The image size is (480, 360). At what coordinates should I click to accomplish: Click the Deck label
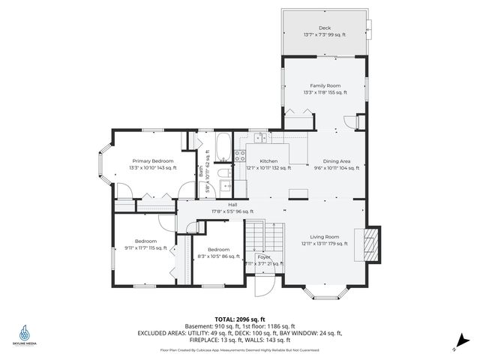(x=325, y=27)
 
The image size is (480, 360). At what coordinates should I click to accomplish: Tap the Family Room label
(x=325, y=85)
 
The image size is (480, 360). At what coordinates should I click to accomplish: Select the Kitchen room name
(x=268, y=160)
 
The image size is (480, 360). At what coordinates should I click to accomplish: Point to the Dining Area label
(x=336, y=160)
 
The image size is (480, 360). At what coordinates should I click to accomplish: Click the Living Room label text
(x=325, y=236)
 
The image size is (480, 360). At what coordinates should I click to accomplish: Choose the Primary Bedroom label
(x=153, y=160)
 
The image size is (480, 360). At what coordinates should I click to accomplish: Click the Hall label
(x=232, y=204)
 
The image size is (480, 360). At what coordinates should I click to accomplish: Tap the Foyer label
(x=263, y=256)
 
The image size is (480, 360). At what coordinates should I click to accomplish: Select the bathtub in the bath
(x=223, y=148)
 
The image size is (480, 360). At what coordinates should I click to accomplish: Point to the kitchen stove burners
(x=241, y=156)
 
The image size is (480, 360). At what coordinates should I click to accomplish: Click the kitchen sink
(x=259, y=137)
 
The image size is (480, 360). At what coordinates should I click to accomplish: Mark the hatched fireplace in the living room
(x=370, y=243)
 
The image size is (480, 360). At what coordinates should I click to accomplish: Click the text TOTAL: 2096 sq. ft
(x=240, y=319)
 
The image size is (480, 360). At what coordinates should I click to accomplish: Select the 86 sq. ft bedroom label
(x=218, y=249)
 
